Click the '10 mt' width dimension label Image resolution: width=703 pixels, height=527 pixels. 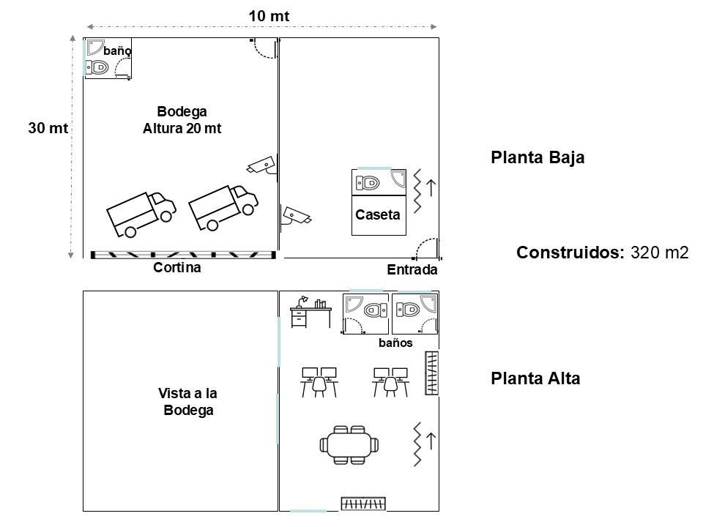tap(269, 16)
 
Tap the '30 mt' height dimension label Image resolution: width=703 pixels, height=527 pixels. tap(48, 127)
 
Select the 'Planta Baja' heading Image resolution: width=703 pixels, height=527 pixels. tap(538, 158)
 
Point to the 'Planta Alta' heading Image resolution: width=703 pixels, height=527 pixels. tap(535, 378)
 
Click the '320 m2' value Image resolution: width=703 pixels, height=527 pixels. tap(660, 253)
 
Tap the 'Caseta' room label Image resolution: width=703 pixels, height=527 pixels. tap(378, 214)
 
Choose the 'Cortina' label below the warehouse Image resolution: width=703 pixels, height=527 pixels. tap(177, 268)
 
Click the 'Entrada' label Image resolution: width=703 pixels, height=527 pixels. tap(412, 270)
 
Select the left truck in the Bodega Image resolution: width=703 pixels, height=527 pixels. tap(141, 214)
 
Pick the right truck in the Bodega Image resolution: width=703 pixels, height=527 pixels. tap(223, 207)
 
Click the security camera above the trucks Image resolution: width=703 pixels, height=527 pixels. tap(262, 165)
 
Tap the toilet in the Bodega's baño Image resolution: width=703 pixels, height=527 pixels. tap(97, 67)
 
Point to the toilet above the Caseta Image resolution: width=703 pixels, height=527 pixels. tap(368, 183)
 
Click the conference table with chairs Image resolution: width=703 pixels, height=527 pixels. tap(349, 444)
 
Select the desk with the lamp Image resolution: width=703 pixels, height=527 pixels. tap(310, 312)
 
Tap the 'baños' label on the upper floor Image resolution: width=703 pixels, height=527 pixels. tap(395, 343)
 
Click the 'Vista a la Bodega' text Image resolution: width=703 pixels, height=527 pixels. tap(188, 402)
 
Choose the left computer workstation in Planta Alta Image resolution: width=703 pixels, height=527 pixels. tap(319, 382)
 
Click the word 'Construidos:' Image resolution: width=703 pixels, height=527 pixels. tap(570, 253)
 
